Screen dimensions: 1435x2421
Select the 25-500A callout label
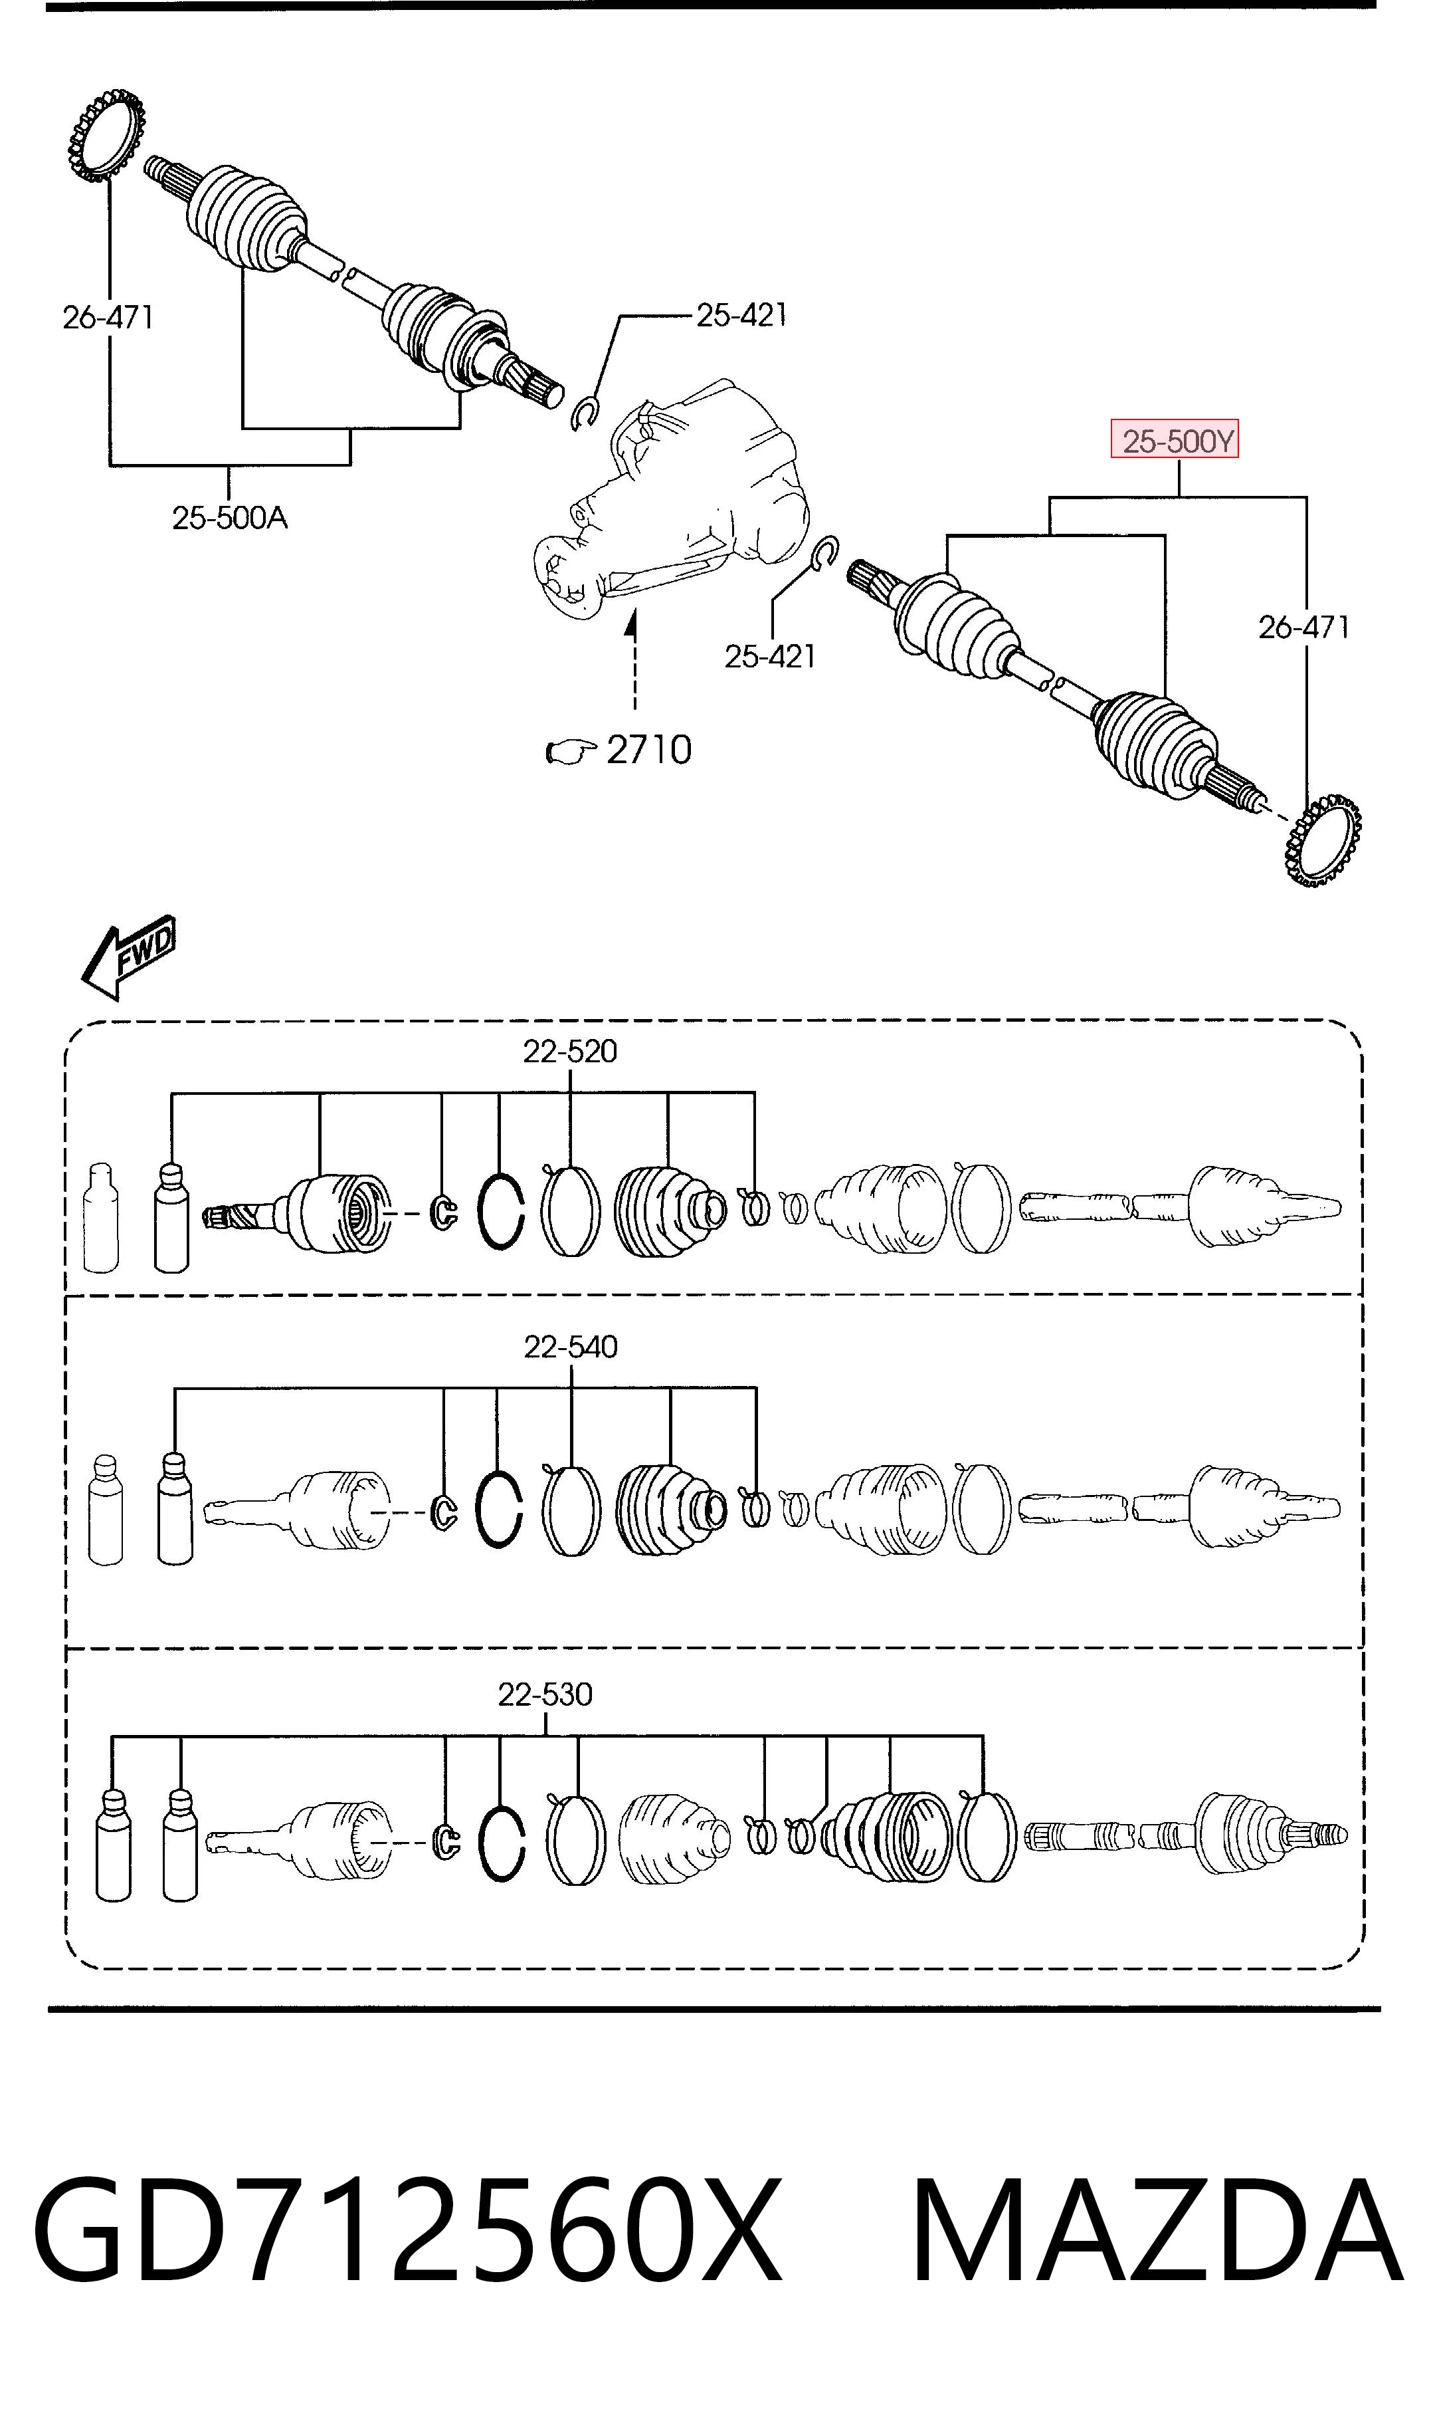[230, 519]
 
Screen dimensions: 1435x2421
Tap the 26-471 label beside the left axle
[108, 317]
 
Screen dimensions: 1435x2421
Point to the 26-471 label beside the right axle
[1303, 628]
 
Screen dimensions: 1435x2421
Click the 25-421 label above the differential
[741, 314]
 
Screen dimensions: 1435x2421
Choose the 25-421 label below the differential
[770, 657]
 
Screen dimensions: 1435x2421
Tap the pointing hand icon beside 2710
[571, 752]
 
